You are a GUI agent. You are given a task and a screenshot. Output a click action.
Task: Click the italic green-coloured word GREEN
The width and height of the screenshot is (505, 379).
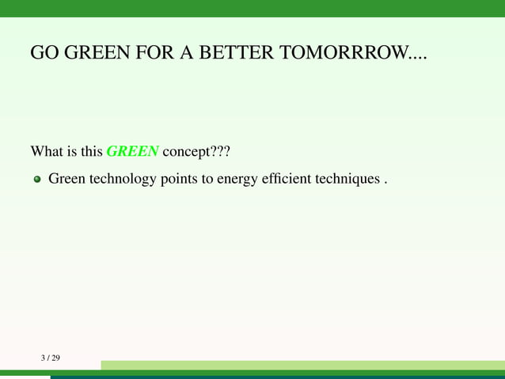pos(132,150)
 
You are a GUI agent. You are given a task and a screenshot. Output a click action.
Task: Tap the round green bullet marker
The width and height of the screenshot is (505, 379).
pos(36,180)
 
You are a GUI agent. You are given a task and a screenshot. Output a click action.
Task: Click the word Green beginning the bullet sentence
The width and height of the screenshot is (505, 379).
pos(66,180)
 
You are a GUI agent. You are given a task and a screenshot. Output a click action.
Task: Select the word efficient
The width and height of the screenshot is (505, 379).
pos(290,180)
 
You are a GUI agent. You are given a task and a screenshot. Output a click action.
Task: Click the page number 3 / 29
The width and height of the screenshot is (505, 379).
pos(51,358)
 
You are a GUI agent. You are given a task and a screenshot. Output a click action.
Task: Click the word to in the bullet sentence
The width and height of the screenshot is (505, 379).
pos(209,180)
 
